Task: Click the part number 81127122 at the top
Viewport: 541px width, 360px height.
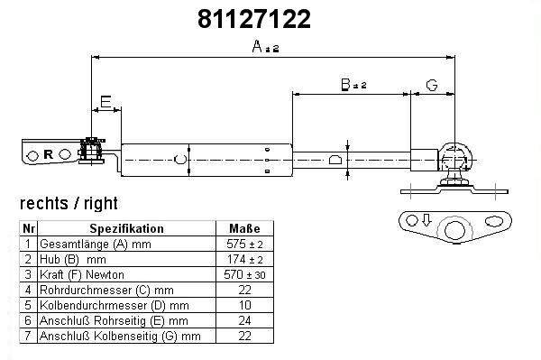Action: point(254,19)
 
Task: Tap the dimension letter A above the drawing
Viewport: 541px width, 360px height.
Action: point(258,46)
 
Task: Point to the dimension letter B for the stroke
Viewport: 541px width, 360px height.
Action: point(345,84)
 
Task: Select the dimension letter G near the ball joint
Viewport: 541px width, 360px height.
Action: point(432,85)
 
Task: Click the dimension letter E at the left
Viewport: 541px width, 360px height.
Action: point(105,102)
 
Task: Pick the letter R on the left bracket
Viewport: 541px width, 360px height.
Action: point(49,154)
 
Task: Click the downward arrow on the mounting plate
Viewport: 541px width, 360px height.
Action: point(426,220)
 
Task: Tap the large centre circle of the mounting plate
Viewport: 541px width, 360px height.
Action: point(454,230)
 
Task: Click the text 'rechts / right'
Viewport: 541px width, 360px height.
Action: point(69,203)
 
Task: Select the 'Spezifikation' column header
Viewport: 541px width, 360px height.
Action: point(126,228)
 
